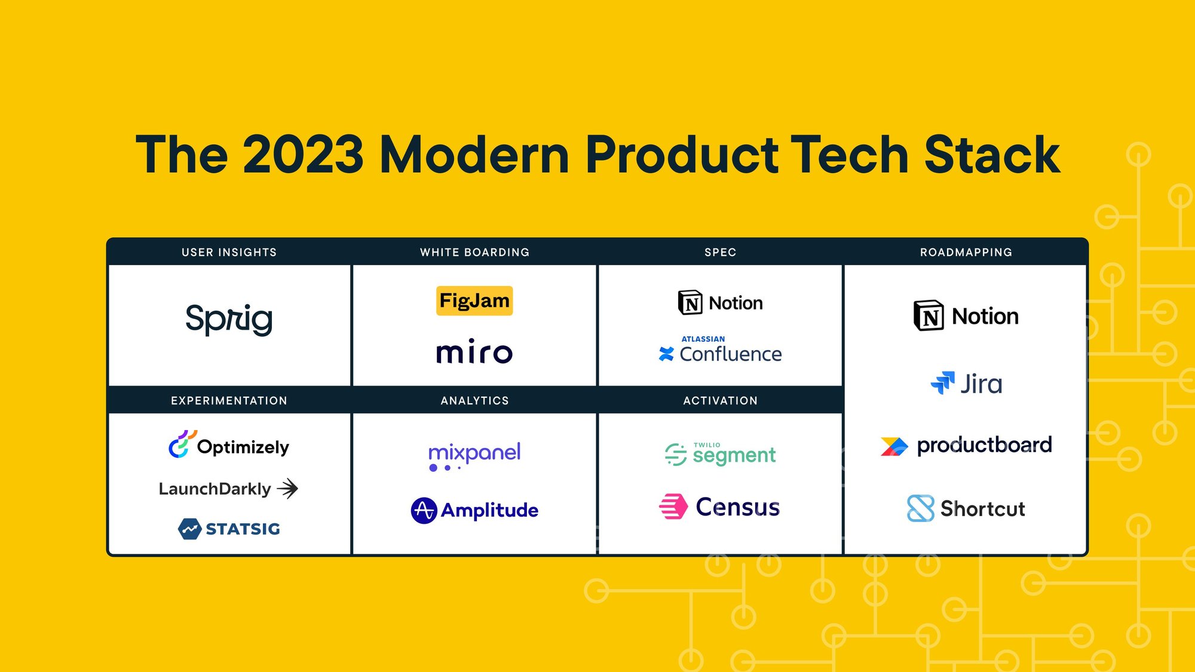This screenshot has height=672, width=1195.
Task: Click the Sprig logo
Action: click(229, 319)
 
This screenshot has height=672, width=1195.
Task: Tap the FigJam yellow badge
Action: click(474, 300)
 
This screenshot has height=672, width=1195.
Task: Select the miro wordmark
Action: click(474, 351)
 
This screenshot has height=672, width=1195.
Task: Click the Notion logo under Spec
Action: click(720, 303)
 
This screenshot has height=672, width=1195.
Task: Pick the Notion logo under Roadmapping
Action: click(966, 316)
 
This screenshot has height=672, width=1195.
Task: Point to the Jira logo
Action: click(966, 383)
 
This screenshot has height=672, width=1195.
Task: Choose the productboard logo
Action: click(966, 446)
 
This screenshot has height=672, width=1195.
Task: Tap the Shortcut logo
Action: click(966, 508)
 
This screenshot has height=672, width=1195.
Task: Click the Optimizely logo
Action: click(229, 445)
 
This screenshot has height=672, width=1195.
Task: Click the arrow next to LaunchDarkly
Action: click(288, 489)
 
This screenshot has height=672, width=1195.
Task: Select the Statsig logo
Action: click(229, 529)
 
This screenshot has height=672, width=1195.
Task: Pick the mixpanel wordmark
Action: click(474, 456)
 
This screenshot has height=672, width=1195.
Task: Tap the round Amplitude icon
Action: click(424, 511)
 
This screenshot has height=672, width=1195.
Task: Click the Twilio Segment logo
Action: click(720, 454)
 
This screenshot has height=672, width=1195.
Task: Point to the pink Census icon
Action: click(673, 507)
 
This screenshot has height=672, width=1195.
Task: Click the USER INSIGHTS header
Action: click(229, 252)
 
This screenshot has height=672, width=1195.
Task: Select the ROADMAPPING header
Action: click(966, 252)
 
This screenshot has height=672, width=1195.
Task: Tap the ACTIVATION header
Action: click(721, 401)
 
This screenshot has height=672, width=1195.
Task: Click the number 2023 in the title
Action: click(304, 154)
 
